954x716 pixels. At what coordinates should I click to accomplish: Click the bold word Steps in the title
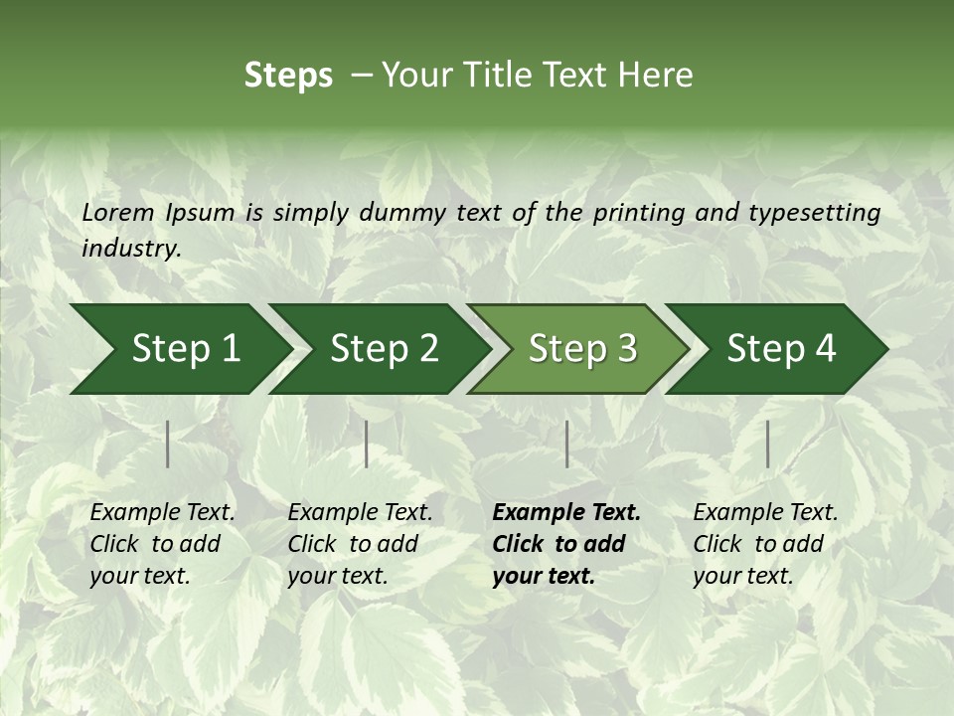288,76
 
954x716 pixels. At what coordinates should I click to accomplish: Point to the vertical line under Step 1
168,444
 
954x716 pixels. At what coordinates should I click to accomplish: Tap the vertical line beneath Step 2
367,444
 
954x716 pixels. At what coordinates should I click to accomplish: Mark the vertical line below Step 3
566,444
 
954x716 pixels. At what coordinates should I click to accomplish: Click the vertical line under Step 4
767,444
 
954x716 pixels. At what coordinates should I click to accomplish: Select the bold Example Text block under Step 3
566,544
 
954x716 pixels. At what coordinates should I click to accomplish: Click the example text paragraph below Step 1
162,544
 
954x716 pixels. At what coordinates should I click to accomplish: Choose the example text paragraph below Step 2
360,544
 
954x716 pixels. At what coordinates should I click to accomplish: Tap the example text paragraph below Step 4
765,544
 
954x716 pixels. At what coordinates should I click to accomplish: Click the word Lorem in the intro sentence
118,213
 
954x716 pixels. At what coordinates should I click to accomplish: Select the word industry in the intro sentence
130,249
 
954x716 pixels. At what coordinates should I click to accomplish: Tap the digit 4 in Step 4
825,349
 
